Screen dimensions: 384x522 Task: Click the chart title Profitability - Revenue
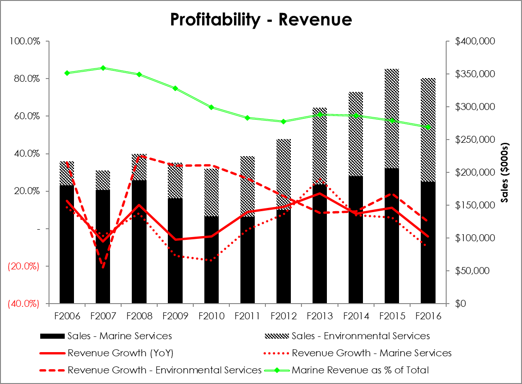pos(261,20)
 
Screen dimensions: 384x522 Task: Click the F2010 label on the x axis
pos(211,317)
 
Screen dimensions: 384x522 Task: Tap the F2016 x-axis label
pos(428,317)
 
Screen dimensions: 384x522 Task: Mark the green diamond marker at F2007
pos(103,68)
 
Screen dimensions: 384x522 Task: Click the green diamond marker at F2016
pos(428,127)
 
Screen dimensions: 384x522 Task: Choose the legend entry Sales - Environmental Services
pos(361,336)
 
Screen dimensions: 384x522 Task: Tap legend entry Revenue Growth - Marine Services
pos(372,353)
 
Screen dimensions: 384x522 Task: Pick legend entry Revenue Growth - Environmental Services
pos(165,370)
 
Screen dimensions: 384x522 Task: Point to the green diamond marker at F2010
pos(211,107)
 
